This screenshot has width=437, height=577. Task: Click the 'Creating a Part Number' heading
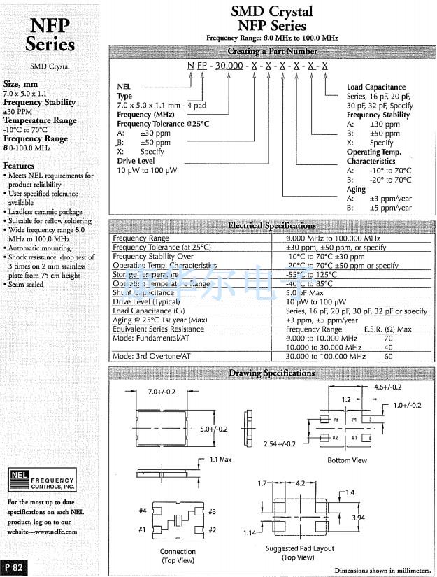[272, 51]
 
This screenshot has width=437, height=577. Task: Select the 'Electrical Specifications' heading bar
[272, 225]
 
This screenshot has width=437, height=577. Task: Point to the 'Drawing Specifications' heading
[272, 373]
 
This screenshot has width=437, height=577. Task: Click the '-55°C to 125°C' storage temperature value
[315, 275]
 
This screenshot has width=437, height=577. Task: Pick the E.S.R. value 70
[388, 338]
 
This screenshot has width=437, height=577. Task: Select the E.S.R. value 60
[388, 357]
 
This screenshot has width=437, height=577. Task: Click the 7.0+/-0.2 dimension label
[162, 392]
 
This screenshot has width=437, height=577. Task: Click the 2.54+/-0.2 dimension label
[280, 443]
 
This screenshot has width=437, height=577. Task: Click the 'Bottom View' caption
[348, 460]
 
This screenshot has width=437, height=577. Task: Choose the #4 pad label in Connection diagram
[143, 511]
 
